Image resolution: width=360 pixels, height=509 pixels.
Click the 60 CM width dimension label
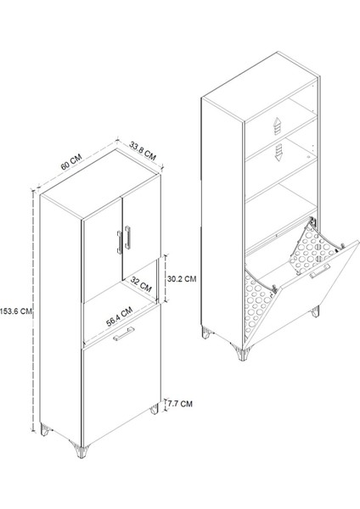pyautogui.click(x=70, y=162)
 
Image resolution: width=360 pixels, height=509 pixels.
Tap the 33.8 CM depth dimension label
pyautogui.click(x=143, y=151)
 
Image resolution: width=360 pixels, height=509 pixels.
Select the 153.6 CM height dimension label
pyautogui.click(x=16, y=311)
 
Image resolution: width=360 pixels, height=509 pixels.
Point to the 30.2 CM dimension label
pyautogui.click(x=182, y=279)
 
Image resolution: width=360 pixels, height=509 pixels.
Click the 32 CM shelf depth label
pyautogui.click(x=141, y=283)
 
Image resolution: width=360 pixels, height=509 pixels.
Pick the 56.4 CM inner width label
pyautogui.click(x=119, y=316)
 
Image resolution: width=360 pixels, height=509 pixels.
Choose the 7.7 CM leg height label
pyautogui.click(x=180, y=404)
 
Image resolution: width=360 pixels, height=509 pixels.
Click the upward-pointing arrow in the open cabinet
pyautogui.click(x=277, y=126)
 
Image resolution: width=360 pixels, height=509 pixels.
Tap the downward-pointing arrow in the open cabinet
pyautogui.click(x=278, y=153)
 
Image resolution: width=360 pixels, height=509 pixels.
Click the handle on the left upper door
pyautogui.click(x=119, y=242)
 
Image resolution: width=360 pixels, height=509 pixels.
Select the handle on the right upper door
pyautogui.click(x=127, y=238)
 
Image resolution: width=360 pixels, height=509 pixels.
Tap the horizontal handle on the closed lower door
pyautogui.click(x=123, y=334)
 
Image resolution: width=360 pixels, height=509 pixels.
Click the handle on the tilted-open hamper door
pyautogui.click(x=320, y=271)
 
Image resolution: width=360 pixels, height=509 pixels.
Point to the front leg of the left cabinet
pyautogui.click(x=82, y=450)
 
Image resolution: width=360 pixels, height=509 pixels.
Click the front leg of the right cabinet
pyautogui.click(x=242, y=354)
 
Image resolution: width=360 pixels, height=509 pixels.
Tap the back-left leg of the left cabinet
pyautogui.click(x=45, y=430)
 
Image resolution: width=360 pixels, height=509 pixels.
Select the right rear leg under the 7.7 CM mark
pyautogui.click(x=154, y=409)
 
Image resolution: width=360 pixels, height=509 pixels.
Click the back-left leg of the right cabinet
pyautogui.click(x=206, y=333)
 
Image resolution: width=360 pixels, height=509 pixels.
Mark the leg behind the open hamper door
pyautogui.click(x=315, y=311)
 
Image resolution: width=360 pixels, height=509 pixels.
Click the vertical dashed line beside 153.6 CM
pyautogui.click(x=33, y=311)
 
